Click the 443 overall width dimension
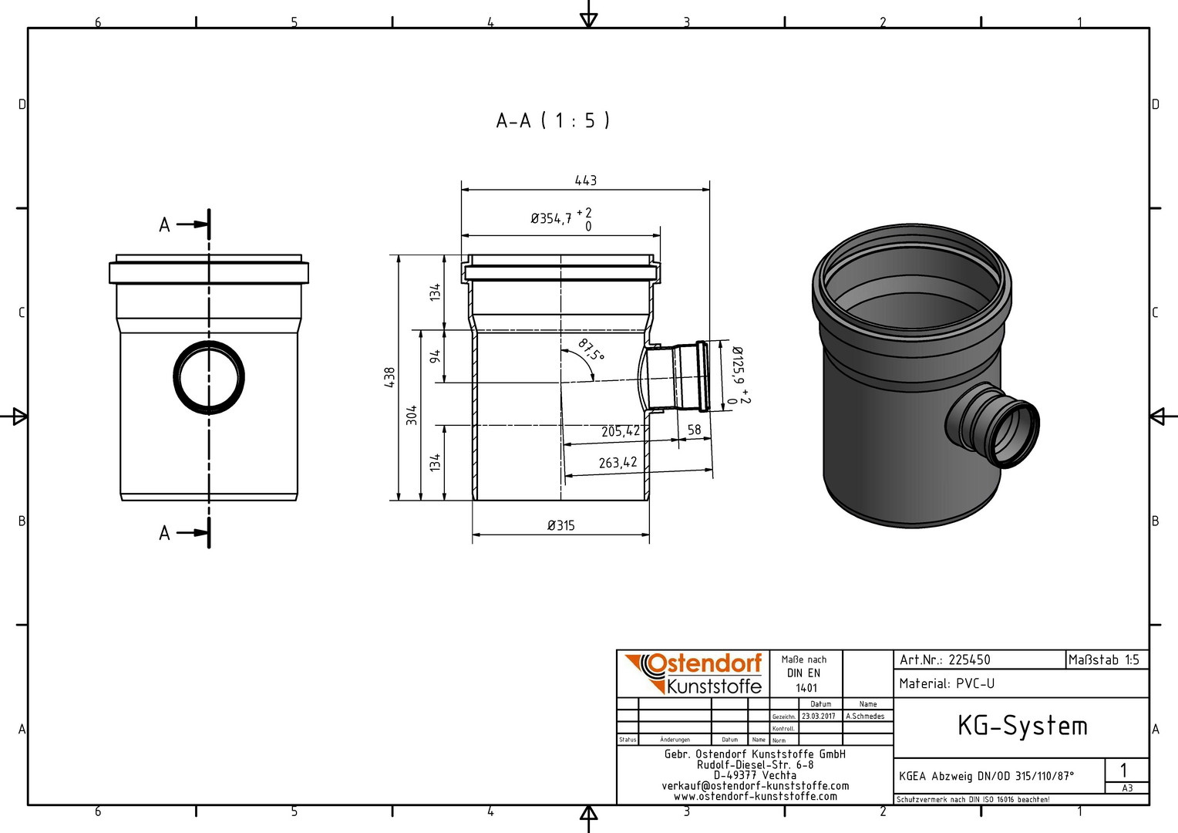click(x=585, y=180)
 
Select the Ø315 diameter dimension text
click(x=561, y=525)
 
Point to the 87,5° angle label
click(x=591, y=350)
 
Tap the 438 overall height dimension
click(x=389, y=377)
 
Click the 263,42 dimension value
click(x=618, y=463)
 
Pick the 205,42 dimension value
click(x=621, y=431)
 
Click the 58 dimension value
click(x=694, y=430)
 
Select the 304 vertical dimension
click(x=412, y=415)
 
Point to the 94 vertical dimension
click(x=435, y=356)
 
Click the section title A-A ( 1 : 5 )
click(x=553, y=120)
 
